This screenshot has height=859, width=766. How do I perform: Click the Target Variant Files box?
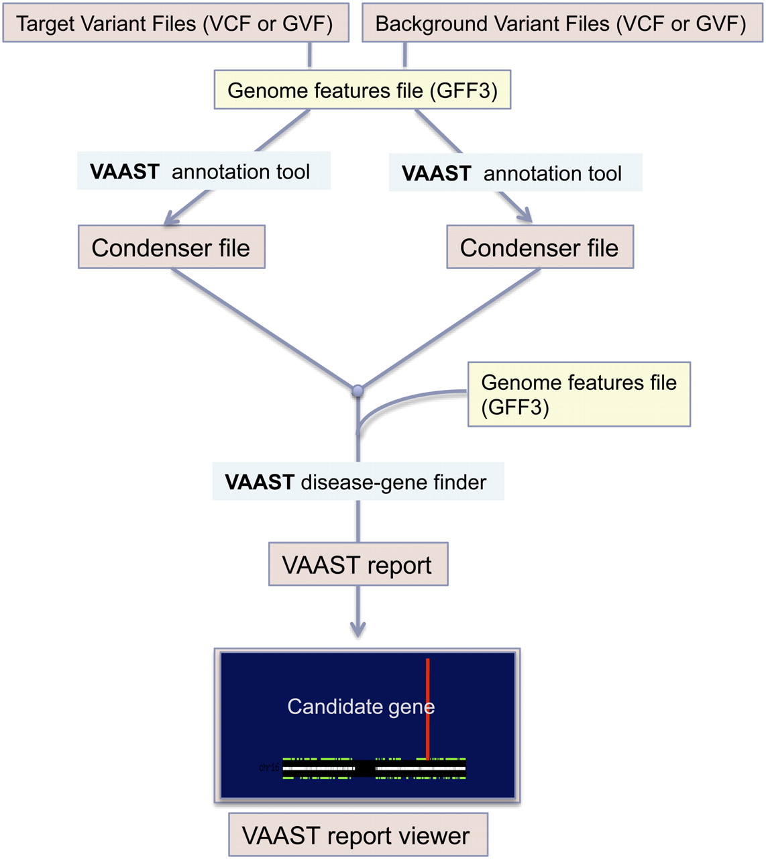click(176, 23)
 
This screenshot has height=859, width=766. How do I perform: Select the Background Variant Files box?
click(561, 23)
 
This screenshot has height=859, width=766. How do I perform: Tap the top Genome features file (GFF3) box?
click(362, 90)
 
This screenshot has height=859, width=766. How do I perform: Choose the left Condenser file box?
click(171, 247)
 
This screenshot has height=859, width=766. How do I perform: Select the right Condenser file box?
click(539, 247)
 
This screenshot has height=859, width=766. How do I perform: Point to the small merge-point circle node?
click(358, 390)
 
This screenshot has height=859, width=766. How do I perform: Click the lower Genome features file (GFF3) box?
click(578, 395)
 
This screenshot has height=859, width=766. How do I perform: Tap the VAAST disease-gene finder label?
click(358, 481)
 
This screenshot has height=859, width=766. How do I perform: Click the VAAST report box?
click(358, 564)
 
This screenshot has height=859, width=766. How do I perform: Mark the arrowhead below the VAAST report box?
click(358, 629)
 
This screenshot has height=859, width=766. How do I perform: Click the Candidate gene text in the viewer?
click(360, 706)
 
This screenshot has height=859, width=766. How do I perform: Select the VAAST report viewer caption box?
click(358, 835)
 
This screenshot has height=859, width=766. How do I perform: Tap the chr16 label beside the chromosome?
click(268, 766)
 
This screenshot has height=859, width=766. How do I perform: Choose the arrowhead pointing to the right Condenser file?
click(525, 215)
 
